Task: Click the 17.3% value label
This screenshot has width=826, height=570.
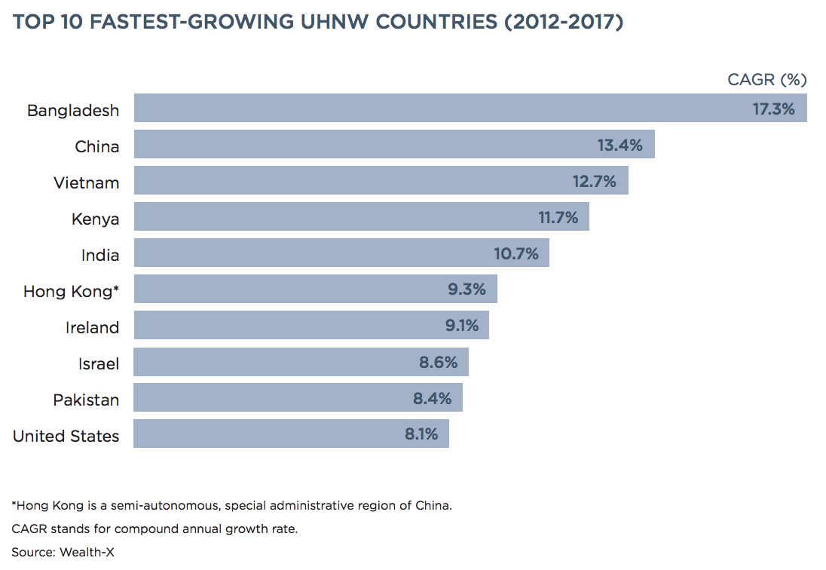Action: (773, 109)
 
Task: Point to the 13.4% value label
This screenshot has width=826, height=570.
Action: (619, 145)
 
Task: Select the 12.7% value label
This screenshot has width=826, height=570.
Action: (594, 181)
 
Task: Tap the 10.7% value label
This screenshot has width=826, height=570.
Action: (516, 253)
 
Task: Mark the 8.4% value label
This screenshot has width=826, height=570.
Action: (432, 398)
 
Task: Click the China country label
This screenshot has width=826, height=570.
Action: (96, 146)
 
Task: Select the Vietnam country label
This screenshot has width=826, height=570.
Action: (86, 182)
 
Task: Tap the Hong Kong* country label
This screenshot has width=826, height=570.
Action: (71, 291)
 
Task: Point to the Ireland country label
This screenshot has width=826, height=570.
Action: (92, 327)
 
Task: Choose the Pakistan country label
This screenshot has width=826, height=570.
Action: (86, 400)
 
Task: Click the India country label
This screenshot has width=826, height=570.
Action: (100, 255)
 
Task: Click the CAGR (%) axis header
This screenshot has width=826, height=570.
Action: (766, 79)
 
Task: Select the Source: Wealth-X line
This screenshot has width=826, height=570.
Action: (63, 552)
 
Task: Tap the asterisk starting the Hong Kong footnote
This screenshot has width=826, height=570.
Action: (14, 504)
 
